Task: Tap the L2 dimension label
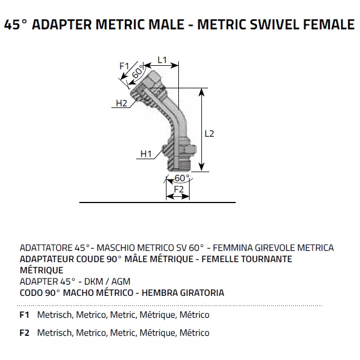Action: pyautogui.click(x=209, y=134)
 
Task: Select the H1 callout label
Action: pyautogui.click(x=146, y=154)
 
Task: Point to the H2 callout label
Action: pyautogui.click(x=121, y=103)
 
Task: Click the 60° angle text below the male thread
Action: pyautogui.click(x=182, y=178)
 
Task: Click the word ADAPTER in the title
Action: pyautogui.click(x=69, y=25)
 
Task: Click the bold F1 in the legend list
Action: pyautogui.click(x=24, y=315)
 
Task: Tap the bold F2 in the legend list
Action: pyautogui.click(x=24, y=333)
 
